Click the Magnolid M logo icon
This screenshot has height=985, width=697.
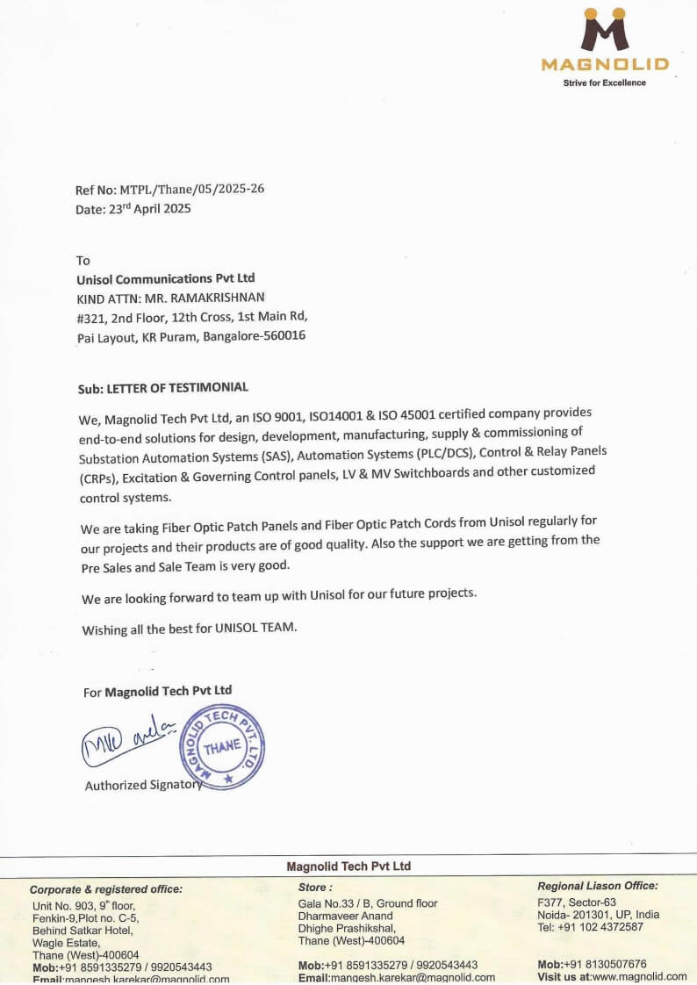pos(605,30)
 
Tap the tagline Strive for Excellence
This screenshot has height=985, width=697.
pos(604,83)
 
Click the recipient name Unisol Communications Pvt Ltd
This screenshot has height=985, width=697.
pos(166,278)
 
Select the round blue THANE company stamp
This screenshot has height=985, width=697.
pos(220,747)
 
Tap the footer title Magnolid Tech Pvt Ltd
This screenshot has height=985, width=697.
pos(348,866)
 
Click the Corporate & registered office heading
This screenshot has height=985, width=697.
pos(106,889)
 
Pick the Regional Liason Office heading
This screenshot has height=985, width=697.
pos(597,887)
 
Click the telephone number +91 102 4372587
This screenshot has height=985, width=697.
pos(600,927)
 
